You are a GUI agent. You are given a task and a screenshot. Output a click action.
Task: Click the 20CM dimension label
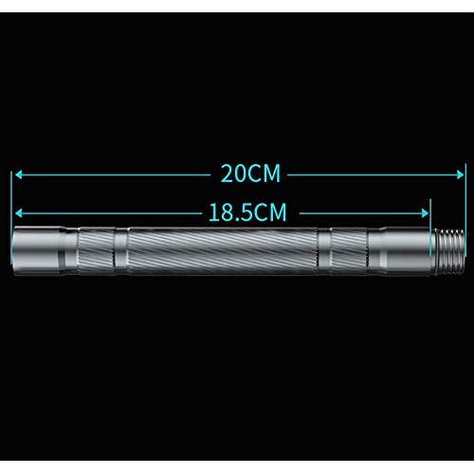point(249,174)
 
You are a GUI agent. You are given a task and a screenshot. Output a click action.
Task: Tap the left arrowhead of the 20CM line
point(18,174)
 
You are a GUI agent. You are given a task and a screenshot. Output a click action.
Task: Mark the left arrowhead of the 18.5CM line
point(18,211)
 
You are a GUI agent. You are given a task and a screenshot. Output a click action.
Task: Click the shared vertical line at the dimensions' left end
point(12,204)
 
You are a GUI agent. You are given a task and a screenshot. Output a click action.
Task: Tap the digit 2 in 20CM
point(227,174)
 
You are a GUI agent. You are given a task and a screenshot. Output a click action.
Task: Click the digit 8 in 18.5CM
point(229,211)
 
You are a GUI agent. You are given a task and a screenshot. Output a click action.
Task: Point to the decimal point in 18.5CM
point(239,218)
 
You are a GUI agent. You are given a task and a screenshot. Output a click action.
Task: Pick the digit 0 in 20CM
point(239,174)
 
